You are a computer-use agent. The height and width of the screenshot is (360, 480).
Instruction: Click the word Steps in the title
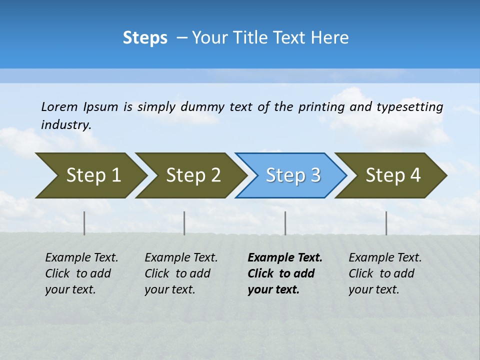click(x=145, y=38)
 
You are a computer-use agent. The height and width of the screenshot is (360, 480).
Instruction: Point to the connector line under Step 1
click(x=84, y=223)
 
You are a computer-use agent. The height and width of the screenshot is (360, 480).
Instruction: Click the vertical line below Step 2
click(x=184, y=223)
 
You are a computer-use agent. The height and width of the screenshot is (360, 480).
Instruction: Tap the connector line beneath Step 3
click(x=285, y=223)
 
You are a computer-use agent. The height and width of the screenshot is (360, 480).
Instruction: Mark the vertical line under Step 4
click(x=386, y=223)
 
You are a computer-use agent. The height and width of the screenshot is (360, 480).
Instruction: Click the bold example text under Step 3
click(x=284, y=273)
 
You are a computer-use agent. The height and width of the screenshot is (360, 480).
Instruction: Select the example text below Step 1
click(x=81, y=273)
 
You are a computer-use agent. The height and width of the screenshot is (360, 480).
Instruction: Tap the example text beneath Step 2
click(x=181, y=273)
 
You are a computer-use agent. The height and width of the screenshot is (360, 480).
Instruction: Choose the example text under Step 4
click(x=385, y=273)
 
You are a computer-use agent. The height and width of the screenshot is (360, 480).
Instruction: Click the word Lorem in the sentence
click(x=59, y=107)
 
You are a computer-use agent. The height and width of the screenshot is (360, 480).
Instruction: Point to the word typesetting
click(x=409, y=107)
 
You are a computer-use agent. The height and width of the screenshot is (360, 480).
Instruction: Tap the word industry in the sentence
click(x=65, y=125)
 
